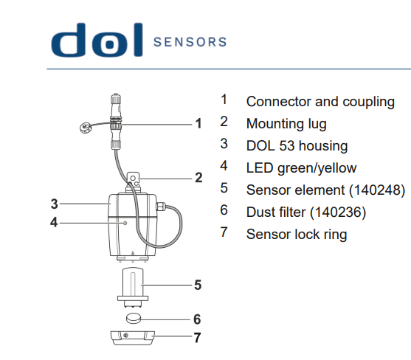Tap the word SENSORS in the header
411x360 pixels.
point(190,42)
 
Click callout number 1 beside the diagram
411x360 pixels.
point(198,123)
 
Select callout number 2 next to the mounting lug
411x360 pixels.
point(198,177)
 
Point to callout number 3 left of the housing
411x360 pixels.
point(54,203)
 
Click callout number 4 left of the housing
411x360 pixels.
point(54,221)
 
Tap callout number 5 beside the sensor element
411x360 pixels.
point(198,284)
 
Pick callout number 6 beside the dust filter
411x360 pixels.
point(198,319)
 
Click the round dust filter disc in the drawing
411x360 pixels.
point(134,319)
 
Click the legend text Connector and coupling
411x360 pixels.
point(320,101)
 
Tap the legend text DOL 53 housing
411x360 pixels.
point(297,146)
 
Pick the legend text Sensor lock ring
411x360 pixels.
point(296,235)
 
